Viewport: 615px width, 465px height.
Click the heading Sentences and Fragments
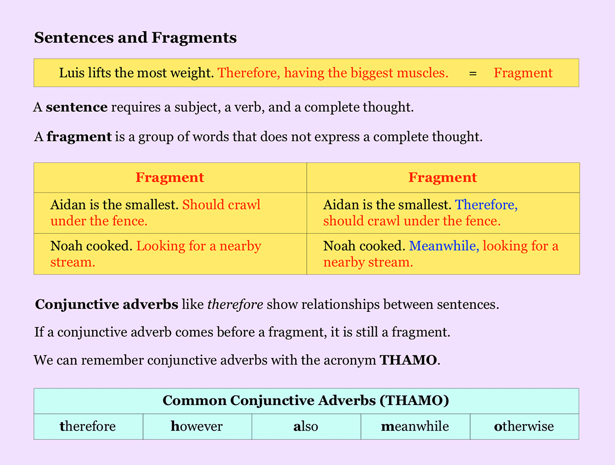pyautogui.click(x=135, y=38)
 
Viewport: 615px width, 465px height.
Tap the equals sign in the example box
pyautogui.click(x=473, y=73)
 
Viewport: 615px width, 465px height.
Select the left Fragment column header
pyautogui.click(x=170, y=178)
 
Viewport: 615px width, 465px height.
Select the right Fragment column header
pyautogui.click(x=442, y=178)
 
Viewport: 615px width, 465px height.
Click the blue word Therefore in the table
pyautogui.click(x=486, y=205)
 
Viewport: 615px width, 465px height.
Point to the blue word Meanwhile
pyautogui.click(x=444, y=246)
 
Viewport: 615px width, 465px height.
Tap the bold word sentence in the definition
pyautogui.click(x=76, y=108)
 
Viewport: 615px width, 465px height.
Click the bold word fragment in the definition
pyautogui.click(x=79, y=137)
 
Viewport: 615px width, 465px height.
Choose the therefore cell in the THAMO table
pyautogui.click(x=88, y=427)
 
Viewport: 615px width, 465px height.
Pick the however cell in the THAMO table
pyautogui.click(x=197, y=427)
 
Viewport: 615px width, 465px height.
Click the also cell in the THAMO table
pyautogui.click(x=306, y=427)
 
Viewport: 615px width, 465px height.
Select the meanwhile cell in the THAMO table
pyautogui.click(x=415, y=427)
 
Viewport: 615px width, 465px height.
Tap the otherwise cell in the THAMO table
pyautogui.click(x=524, y=427)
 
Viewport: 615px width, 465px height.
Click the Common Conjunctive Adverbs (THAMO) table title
pyautogui.click(x=305, y=400)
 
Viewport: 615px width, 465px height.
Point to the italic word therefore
pyautogui.click(x=235, y=305)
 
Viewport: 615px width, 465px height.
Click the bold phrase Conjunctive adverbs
pyautogui.click(x=107, y=305)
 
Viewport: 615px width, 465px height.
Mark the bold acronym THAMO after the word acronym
pyautogui.click(x=408, y=360)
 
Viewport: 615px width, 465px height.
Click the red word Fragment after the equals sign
pyautogui.click(x=523, y=73)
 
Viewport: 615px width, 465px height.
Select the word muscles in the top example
pyautogui.click(x=425, y=73)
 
